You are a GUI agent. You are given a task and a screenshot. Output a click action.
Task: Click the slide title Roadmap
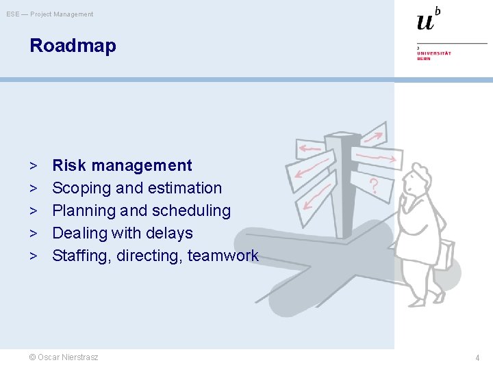click(x=73, y=46)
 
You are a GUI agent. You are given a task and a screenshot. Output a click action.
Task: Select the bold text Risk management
click(x=122, y=165)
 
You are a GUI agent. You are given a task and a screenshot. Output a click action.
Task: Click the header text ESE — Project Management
click(x=50, y=14)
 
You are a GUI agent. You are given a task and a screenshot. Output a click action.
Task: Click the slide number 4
click(x=478, y=357)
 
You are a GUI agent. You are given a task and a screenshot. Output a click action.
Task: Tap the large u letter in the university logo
click(x=425, y=22)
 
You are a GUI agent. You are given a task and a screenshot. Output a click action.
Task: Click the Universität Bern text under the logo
click(x=434, y=55)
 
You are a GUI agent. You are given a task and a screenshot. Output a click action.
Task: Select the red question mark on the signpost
click(x=374, y=184)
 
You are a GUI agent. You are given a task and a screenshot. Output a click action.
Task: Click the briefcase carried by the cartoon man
click(x=445, y=254)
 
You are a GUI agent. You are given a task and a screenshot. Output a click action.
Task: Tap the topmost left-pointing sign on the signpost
click(x=309, y=148)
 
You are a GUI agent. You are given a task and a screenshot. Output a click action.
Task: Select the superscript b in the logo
click(x=438, y=10)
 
